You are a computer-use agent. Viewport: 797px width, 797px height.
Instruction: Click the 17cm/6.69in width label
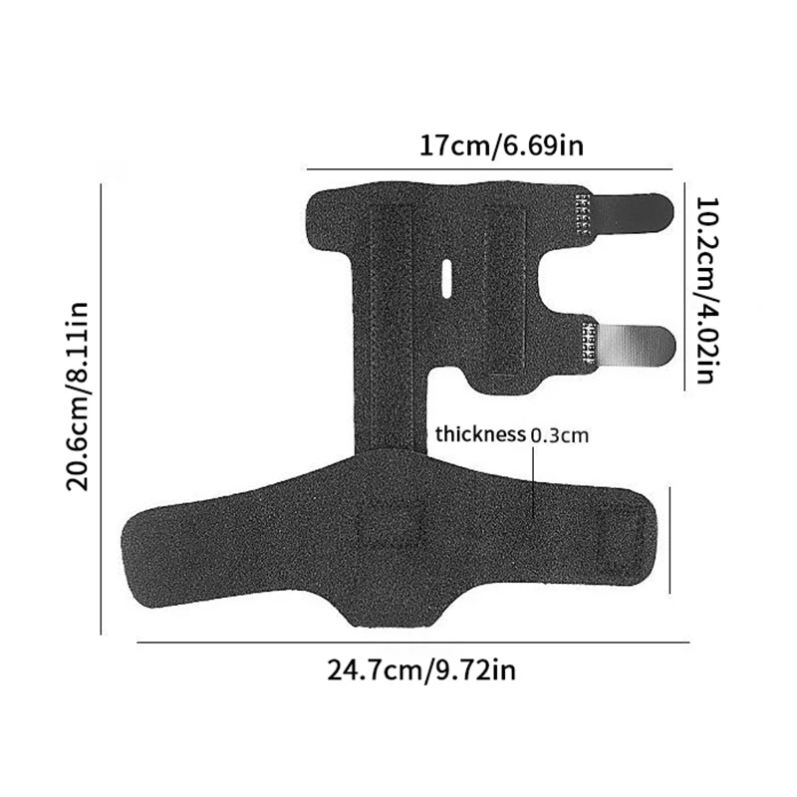[500, 146]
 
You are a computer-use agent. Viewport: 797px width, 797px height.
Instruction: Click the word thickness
[480, 434]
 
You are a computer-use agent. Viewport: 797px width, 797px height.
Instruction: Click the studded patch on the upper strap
[584, 211]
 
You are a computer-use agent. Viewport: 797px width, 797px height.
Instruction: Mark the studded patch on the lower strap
[588, 344]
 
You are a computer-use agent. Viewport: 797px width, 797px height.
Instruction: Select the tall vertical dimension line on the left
[102, 408]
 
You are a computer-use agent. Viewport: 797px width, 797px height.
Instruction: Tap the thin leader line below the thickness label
[535, 478]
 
